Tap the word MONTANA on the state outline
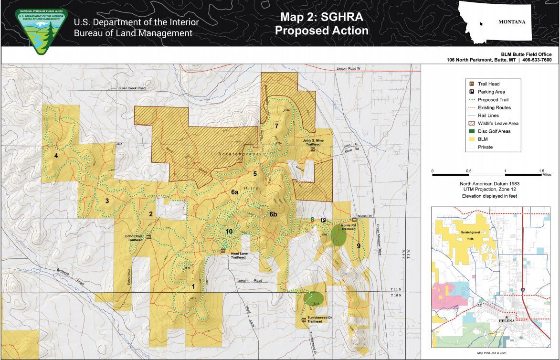511,22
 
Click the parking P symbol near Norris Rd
323,220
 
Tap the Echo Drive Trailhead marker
148,237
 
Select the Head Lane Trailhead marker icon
223,250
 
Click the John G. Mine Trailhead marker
313,149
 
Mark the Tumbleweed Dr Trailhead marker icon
304,320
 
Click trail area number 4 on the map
56,156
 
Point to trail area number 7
276,126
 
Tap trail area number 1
193,286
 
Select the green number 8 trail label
312,220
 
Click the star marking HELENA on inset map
507,316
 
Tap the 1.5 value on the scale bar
541,171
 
